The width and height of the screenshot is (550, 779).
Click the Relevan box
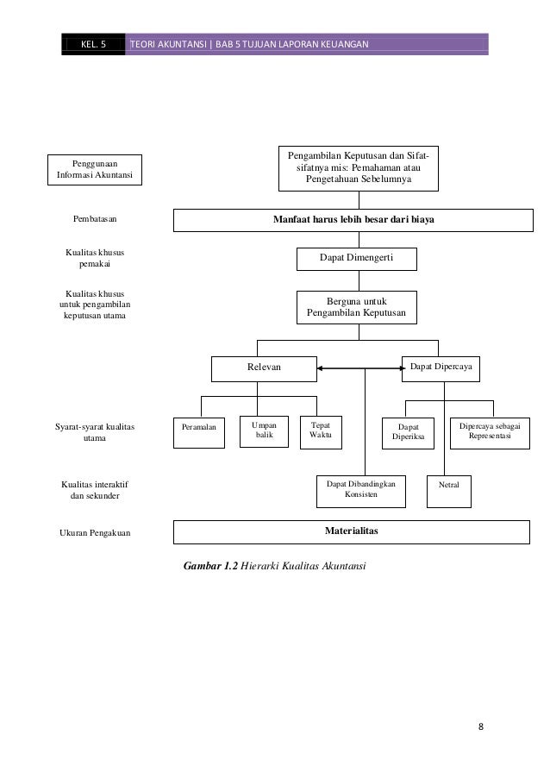(x=264, y=368)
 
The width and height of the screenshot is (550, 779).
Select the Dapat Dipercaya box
(x=441, y=368)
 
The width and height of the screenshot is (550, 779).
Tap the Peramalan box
(x=199, y=433)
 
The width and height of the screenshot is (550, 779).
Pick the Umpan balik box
(x=264, y=431)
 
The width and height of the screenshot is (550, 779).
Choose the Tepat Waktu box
(x=322, y=432)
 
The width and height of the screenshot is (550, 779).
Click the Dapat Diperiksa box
(x=408, y=433)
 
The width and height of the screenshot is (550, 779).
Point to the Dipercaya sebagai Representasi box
(x=490, y=433)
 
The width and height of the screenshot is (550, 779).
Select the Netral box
(x=449, y=492)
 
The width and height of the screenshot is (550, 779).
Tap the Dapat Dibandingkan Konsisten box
(x=361, y=492)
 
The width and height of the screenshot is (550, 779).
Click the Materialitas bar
(x=352, y=532)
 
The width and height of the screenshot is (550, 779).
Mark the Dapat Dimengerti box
(x=357, y=259)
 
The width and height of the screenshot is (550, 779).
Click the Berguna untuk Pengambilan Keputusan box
(x=357, y=307)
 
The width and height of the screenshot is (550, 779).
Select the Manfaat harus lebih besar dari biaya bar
(x=353, y=220)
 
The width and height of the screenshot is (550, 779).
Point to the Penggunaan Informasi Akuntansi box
(x=95, y=170)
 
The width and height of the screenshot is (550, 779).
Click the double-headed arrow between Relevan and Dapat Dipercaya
(x=361, y=368)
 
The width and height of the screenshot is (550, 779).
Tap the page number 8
(x=480, y=726)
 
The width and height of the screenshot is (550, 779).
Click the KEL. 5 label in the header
(x=93, y=44)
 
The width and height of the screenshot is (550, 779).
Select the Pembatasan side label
(x=95, y=218)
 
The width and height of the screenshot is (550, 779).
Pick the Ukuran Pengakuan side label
(x=95, y=532)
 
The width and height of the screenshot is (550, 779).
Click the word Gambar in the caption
(x=203, y=566)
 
